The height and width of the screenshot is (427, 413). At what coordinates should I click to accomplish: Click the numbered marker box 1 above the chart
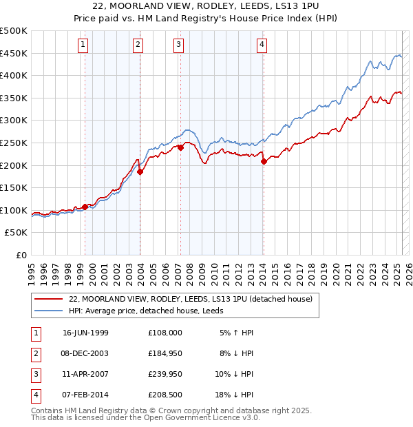point(83,45)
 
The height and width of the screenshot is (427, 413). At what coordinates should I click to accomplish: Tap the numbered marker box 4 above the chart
point(262,45)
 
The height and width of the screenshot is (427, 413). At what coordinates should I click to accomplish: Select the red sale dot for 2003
point(140,172)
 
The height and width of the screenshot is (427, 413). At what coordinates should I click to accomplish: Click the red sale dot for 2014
point(264,162)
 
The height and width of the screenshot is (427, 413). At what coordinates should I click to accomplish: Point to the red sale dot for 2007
point(180,147)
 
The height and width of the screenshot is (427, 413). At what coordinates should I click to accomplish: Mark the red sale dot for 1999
point(85,207)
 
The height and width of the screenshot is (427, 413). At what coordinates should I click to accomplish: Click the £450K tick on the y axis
point(14,53)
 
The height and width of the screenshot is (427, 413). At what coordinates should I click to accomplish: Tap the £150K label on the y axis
point(14,187)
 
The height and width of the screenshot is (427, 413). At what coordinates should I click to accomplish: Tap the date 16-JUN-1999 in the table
point(85,333)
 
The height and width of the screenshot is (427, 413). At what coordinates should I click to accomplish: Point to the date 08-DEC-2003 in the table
point(85,353)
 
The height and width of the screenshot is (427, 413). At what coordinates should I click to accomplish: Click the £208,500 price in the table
point(165,395)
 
